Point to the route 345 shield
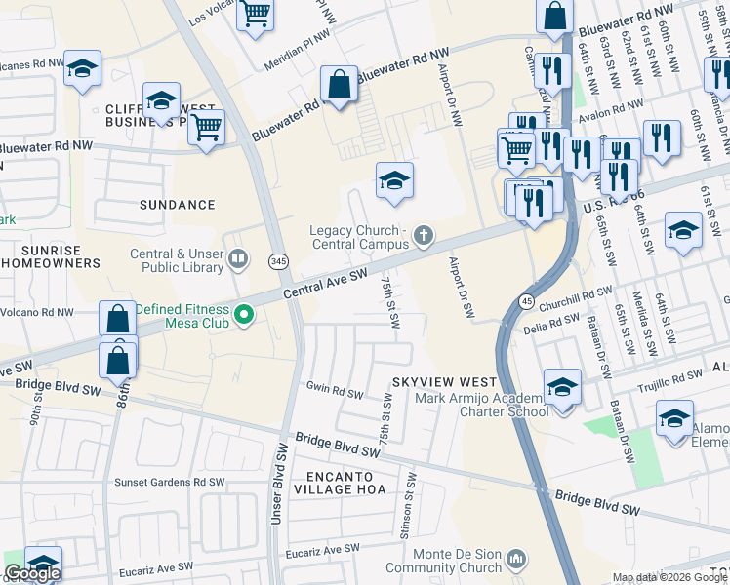tap(278, 260)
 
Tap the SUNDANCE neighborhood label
tap(177, 205)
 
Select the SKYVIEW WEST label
tap(444, 381)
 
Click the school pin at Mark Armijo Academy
tap(562, 387)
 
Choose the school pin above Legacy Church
tap(394, 180)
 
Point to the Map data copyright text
tap(669, 577)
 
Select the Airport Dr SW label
tap(461, 289)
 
